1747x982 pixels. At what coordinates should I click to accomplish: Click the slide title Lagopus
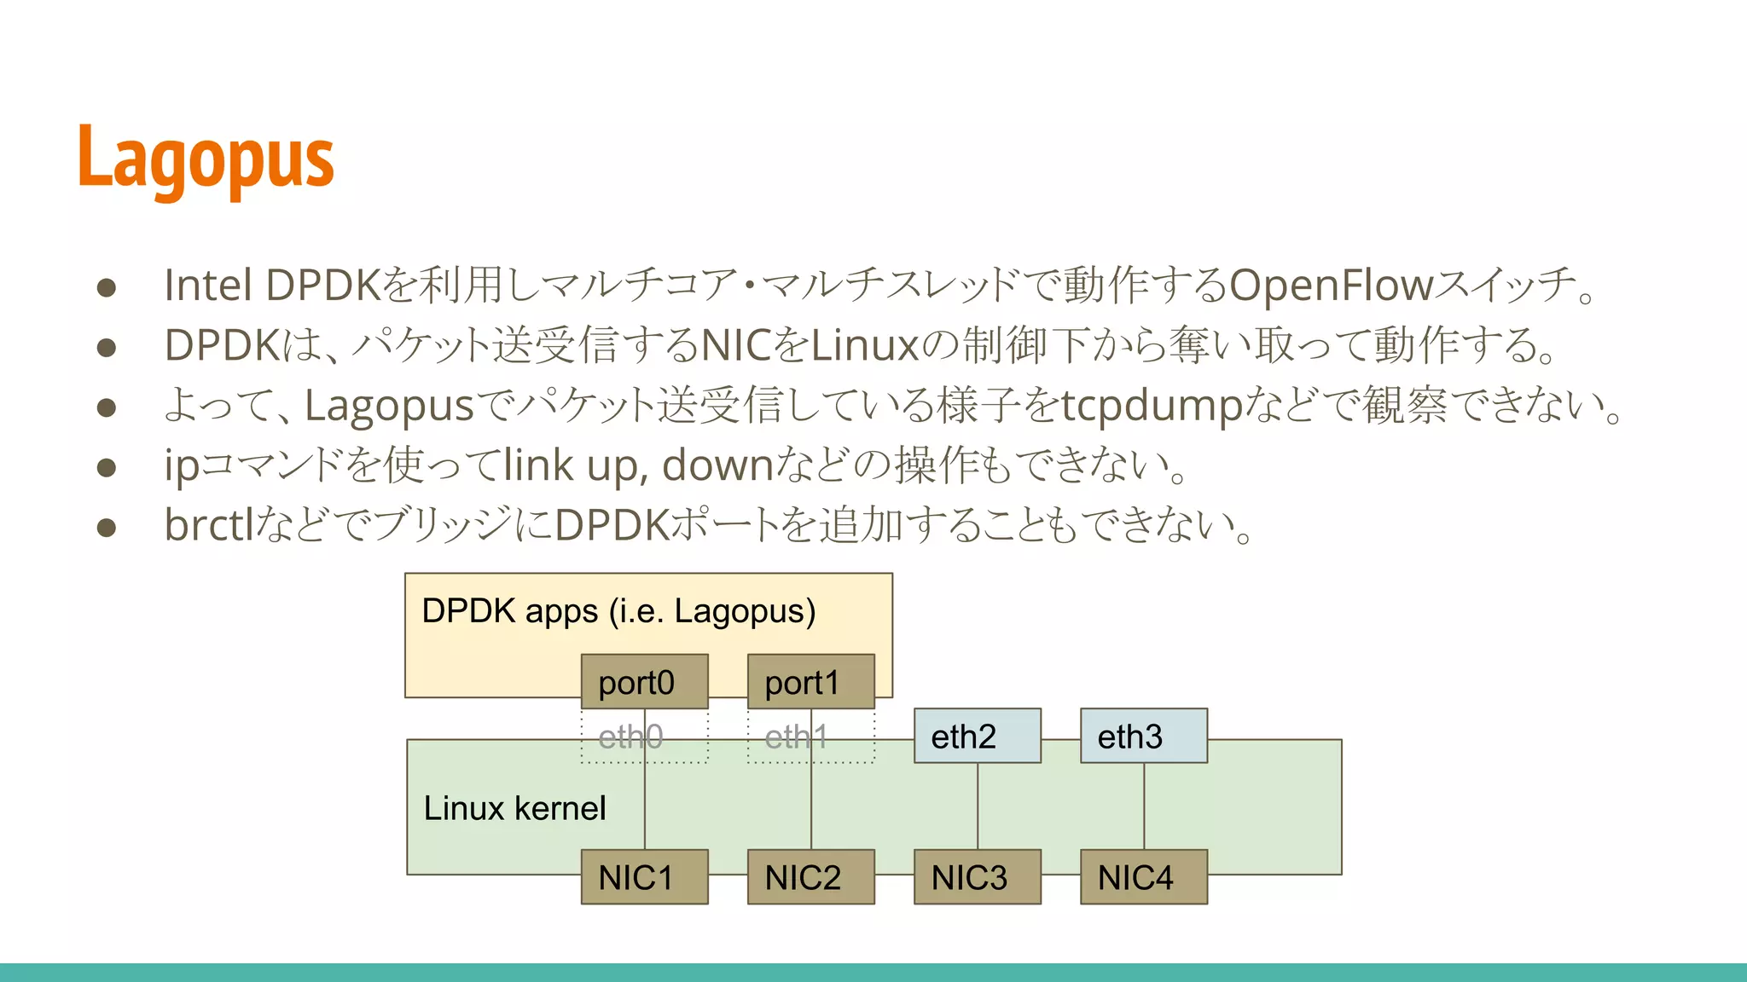tap(206, 159)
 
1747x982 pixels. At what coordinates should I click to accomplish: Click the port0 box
tap(644, 682)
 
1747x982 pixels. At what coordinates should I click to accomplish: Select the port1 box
tap(810, 682)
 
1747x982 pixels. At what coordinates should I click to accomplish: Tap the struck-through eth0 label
tap(630, 736)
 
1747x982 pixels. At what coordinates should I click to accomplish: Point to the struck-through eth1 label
tap(796, 736)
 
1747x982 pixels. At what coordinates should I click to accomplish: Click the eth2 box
tap(977, 736)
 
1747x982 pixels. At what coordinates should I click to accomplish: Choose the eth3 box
tap(1143, 736)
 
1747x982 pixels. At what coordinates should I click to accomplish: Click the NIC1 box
tap(644, 876)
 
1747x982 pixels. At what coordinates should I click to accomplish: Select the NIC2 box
tap(810, 876)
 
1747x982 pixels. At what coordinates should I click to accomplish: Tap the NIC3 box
tap(977, 876)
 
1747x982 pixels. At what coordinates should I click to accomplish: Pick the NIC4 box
tap(1143, 876)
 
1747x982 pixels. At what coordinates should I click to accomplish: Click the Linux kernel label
tap(514, 808)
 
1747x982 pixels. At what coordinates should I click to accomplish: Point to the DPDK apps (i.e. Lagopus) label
tap(618, 611)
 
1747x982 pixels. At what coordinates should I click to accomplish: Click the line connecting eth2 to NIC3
tap(978, 806)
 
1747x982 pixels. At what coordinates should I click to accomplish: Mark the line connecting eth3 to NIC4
tap(1144, 806)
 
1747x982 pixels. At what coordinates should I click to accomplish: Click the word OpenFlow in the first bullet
tap(1331, 286)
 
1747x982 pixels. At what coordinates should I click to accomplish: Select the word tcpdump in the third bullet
tap(1152, 406)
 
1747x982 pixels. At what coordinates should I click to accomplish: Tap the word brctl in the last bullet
tap(209, 525)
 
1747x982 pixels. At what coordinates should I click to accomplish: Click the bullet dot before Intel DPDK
tap(107, 287)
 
